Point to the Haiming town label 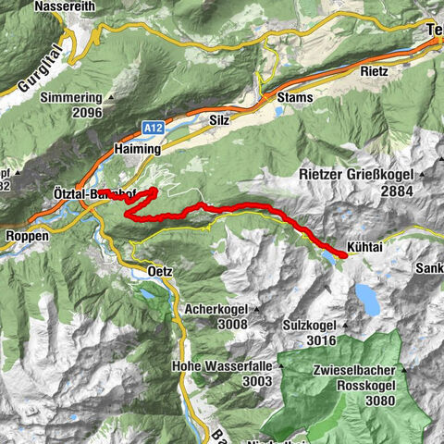pyautogui.click(x=137, y=147)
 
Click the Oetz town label pyautogui.click(x=159, y=271)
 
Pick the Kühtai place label pyautogui.click(x=364, y=247)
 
